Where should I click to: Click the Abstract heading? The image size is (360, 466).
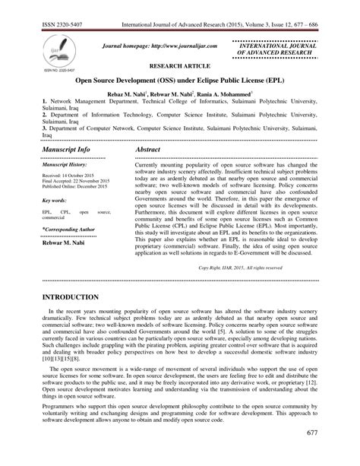coord(149,151)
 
